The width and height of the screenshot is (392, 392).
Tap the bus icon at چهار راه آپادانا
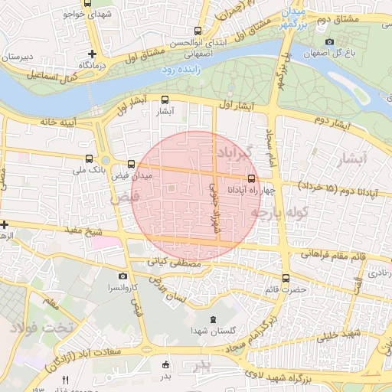tap(252, 180)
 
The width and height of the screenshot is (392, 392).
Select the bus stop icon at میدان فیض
tap(132, 164)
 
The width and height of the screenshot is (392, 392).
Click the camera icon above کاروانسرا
tap(122, 276)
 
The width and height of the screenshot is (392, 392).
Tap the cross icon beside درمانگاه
tap(93, 54)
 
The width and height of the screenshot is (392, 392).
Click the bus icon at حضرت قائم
tap(286, 278)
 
